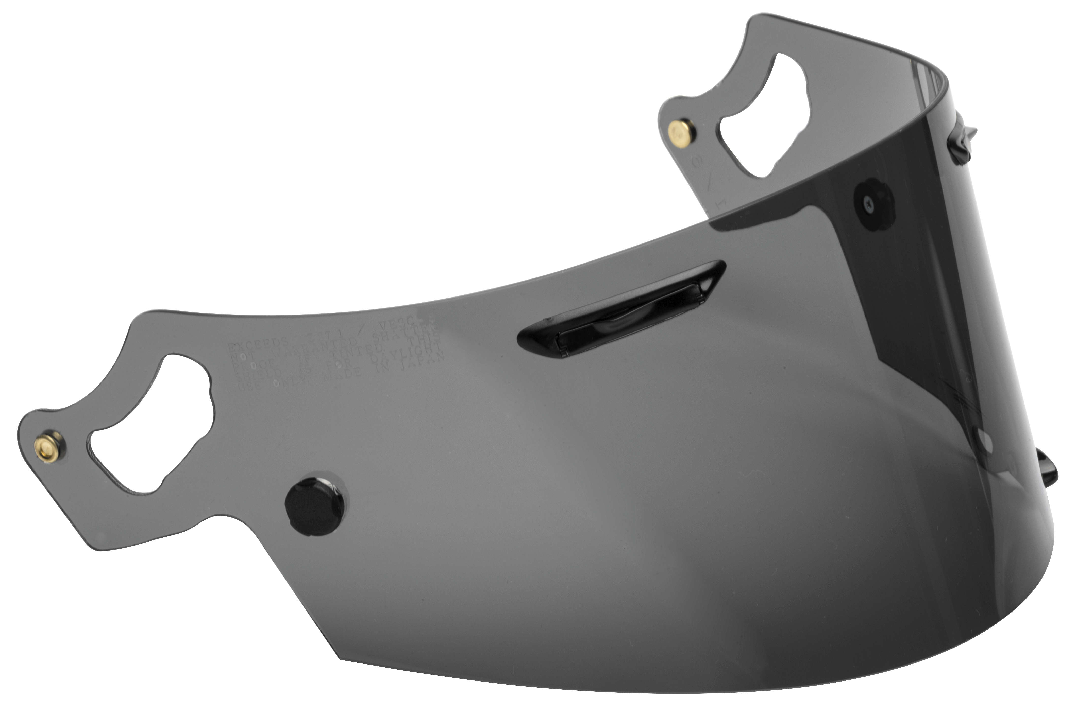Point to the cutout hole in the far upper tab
point(768,116)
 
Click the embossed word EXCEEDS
point(258,343)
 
